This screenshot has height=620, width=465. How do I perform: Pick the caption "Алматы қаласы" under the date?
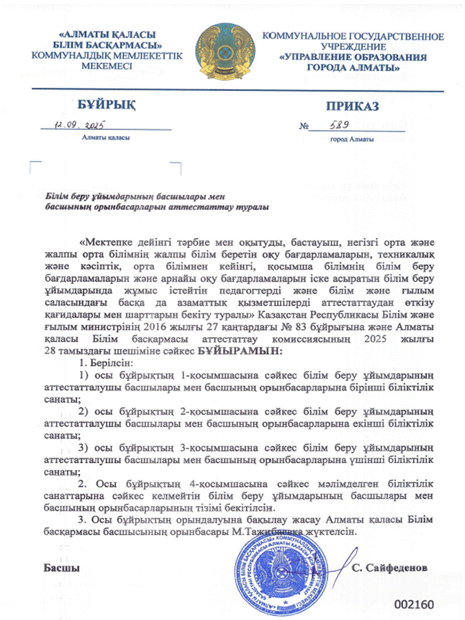click(106, 139)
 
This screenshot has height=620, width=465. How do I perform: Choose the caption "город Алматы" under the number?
click(351, 139)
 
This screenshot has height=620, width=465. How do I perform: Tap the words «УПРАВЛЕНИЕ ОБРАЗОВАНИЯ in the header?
click(353, 57)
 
